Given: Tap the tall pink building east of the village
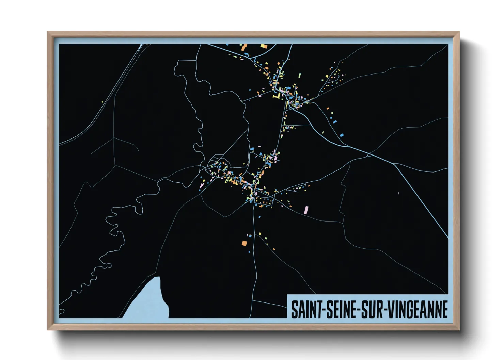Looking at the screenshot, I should click(306, 210).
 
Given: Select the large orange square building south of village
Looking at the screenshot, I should click(244, 243).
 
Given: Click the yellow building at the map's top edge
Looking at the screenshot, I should click(264, 46).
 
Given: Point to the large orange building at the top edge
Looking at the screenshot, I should click(244, 46).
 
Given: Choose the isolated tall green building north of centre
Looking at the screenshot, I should click(300, 75).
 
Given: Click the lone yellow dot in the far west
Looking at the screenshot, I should click(102, 101).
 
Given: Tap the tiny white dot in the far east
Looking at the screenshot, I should click(398, 193).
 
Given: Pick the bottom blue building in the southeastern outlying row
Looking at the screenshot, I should click(342, 135).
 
